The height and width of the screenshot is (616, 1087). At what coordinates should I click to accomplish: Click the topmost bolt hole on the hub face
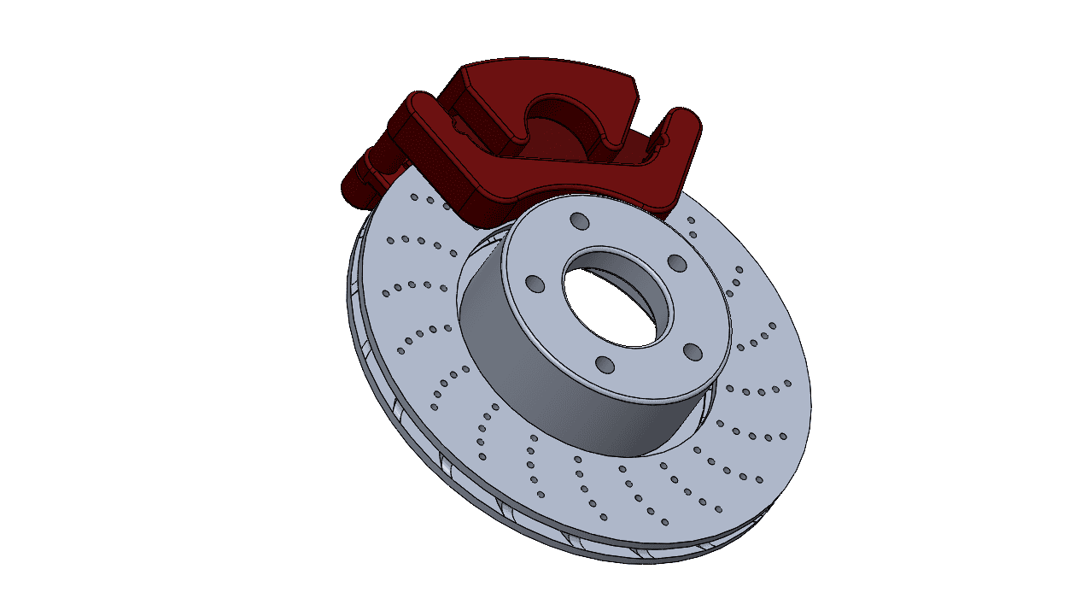pos(580,222)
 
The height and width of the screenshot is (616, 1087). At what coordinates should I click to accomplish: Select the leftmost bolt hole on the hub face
pos(535,284)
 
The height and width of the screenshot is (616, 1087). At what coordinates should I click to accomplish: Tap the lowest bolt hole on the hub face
pos(605,366)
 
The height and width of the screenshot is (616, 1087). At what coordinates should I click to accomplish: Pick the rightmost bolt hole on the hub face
pos(693,352)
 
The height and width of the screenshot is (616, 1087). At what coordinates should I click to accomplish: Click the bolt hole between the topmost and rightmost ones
pos(675,261)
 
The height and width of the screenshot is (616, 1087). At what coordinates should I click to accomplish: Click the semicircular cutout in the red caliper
pos(559,115)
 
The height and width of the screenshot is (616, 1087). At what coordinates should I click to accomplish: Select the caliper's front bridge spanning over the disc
pos(546,179)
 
